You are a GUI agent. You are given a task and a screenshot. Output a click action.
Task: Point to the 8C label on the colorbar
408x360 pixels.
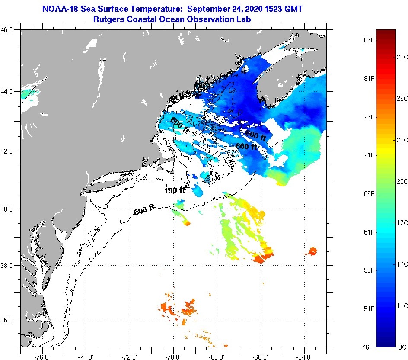pyautogui.click(x=402, y=347)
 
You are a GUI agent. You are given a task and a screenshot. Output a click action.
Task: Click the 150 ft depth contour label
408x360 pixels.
pyautogui.click(x=175, y=190)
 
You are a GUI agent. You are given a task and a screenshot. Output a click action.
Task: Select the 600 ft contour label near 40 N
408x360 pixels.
pyautogui.click(x=144, y=211)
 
